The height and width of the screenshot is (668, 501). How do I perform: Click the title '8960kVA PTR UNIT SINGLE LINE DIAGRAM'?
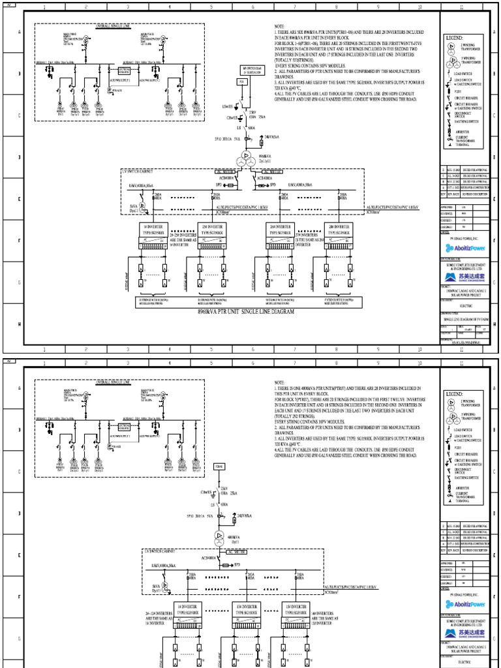(x=242, y=312)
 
